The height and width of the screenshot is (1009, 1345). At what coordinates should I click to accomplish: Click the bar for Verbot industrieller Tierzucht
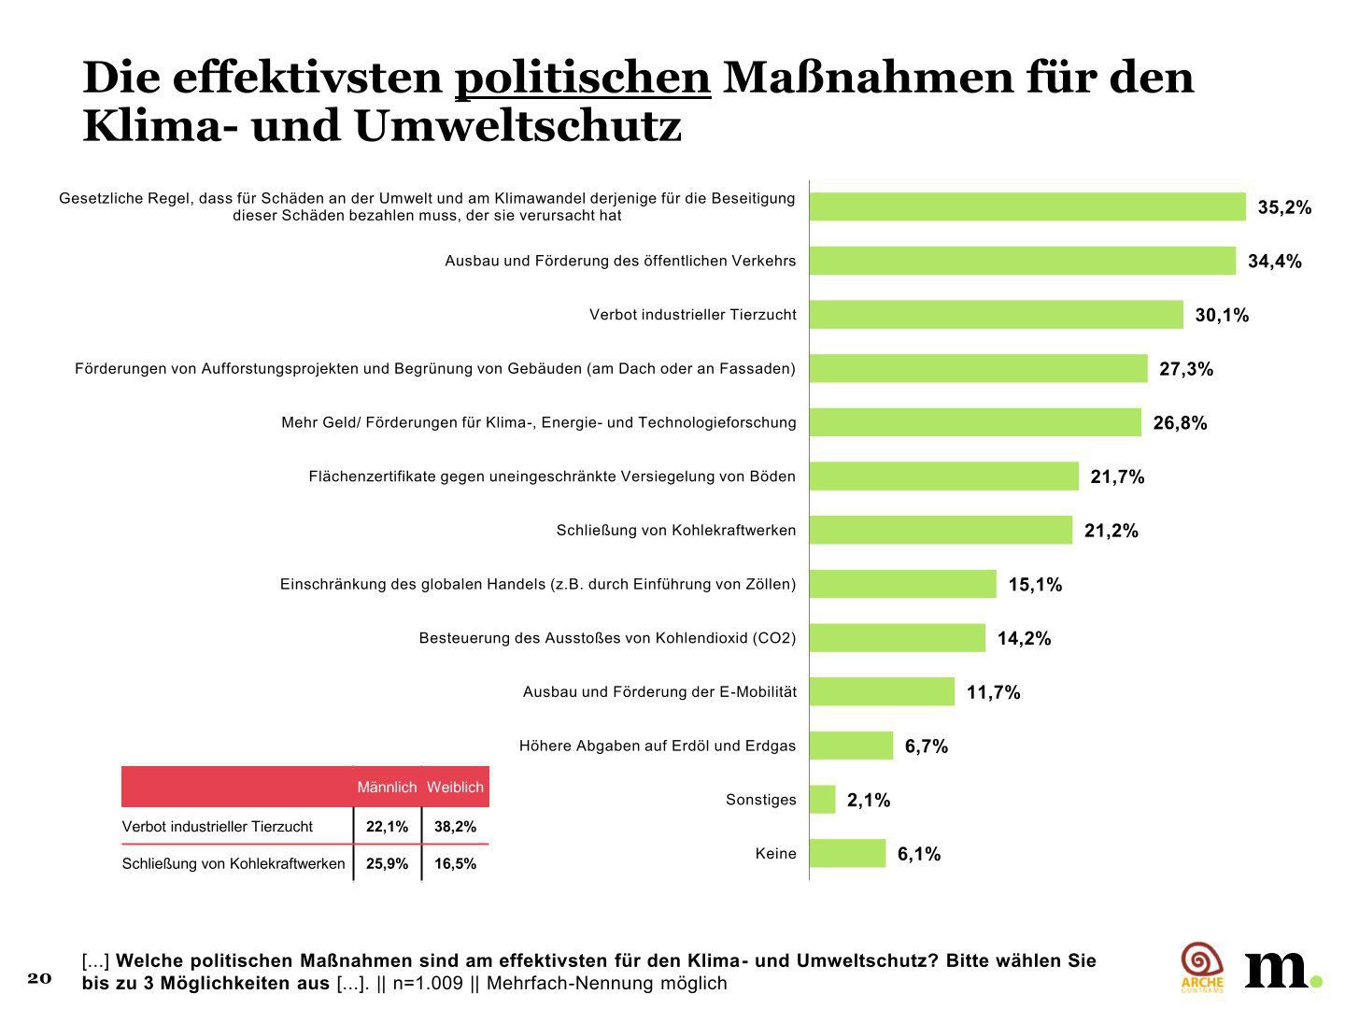point(996,315)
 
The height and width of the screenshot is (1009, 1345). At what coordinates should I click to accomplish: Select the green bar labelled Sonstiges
point(822,800)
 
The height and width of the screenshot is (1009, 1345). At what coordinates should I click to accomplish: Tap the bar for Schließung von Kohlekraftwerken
point(941,531)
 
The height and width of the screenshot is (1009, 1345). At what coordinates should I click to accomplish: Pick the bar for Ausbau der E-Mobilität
point(882,692)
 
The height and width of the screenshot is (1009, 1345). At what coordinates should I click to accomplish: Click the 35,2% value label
point(1284,207)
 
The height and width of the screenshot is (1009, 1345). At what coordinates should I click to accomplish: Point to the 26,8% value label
point(1180,423)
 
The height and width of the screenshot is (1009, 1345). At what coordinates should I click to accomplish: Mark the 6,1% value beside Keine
point(919,854)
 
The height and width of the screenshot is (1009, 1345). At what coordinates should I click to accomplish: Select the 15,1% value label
point(1035,585)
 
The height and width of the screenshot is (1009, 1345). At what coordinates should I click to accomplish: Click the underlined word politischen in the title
point(583,78)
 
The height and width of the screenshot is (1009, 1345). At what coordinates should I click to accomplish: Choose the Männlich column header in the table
point(387,788)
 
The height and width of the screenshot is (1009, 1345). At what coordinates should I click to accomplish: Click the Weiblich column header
point(455,788)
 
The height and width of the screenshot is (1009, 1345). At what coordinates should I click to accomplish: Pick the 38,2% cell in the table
point(455,827)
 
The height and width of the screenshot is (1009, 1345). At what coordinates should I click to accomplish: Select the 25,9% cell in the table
point(387,864)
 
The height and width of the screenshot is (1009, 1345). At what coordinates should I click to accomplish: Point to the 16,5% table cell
point(455,864)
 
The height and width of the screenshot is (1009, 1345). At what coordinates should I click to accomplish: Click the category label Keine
point(775,853)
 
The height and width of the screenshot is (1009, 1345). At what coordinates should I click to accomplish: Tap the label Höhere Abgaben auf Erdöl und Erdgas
point(658,746)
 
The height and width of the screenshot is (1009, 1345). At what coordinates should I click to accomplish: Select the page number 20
point(39,977)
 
